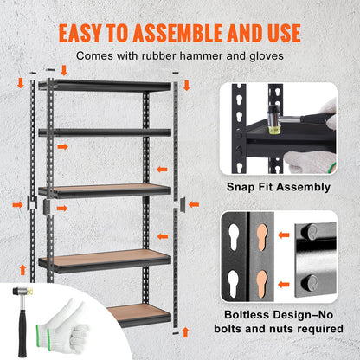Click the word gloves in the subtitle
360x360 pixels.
265,55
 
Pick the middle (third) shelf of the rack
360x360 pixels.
104,189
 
